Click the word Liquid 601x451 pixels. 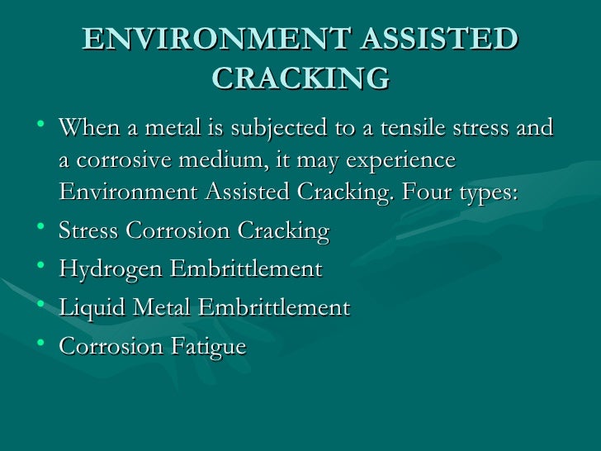(86, 309)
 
